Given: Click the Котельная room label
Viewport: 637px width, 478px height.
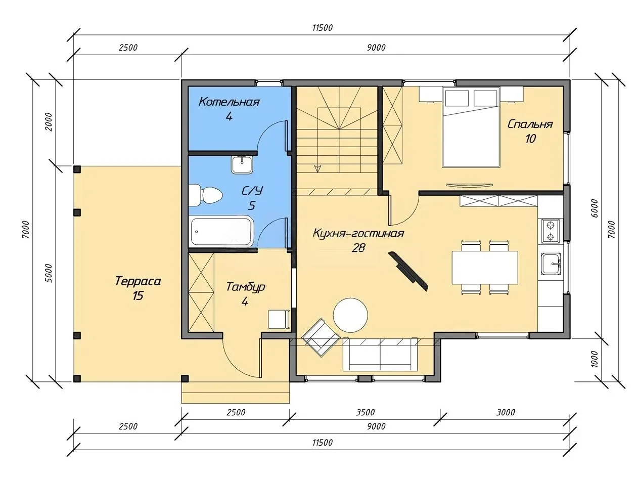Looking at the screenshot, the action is [229, 102].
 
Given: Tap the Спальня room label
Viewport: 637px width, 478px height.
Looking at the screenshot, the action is [530, 124].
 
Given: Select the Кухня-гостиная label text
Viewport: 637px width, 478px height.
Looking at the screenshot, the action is [358, 233].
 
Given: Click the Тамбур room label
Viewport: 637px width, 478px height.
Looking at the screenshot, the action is [246, 287].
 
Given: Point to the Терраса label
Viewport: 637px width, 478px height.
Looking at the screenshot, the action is [138, 281].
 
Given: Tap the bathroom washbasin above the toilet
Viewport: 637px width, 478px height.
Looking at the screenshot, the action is [242, 165].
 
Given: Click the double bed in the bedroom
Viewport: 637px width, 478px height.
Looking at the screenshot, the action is [471, 127].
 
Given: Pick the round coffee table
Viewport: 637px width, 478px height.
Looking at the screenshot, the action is [350, 315].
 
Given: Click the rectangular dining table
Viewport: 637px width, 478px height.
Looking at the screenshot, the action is [485, 268].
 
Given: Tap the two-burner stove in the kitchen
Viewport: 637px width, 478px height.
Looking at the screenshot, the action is [550, 231].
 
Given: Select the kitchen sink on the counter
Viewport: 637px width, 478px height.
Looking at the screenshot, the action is [551, 264].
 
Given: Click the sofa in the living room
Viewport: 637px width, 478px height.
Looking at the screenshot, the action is [380, 355].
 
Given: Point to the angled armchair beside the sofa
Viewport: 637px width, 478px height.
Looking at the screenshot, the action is [321, 337].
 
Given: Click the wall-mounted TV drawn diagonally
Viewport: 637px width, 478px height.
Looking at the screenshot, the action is [408, 271].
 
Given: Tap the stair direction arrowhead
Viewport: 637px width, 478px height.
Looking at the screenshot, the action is [318, 168].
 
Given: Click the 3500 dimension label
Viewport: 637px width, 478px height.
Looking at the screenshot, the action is [365, 412].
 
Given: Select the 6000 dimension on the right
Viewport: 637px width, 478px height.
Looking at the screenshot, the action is [594, 208].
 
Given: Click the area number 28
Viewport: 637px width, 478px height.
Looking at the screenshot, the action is [358, 248].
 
